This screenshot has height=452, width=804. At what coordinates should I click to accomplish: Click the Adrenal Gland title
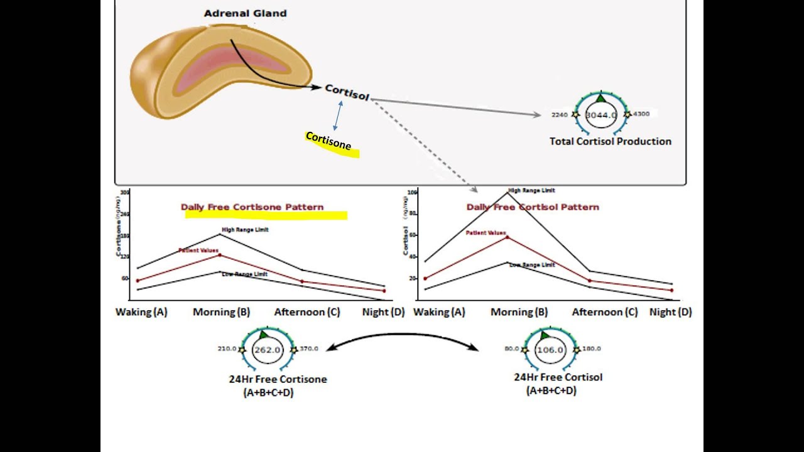[245, 13]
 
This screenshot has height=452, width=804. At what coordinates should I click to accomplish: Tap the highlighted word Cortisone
[328, 141]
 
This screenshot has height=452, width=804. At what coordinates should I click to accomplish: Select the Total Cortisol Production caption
[610, 141]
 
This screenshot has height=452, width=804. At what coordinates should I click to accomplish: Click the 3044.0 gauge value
[601, 116]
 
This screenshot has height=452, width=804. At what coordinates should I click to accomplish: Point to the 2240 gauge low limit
[559, 115]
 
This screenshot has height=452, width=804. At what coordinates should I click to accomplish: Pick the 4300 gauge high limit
[641, 114]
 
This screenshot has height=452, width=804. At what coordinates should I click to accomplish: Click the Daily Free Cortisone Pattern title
[252, 207]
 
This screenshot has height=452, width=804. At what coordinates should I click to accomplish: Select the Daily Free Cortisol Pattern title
[533, 207]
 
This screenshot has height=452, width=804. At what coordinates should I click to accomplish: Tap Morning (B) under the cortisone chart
[221, 312]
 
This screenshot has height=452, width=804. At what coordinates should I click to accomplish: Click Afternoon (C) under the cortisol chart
[604, 312]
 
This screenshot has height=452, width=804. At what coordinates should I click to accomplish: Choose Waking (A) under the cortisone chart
[141, 312]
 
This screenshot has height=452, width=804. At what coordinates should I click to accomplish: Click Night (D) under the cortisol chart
[670, 312]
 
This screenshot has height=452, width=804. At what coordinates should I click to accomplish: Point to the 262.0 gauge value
[267, 350]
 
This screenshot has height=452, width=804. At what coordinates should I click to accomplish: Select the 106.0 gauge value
[550, 350]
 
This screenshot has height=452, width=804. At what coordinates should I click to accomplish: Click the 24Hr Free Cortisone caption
[278, 379]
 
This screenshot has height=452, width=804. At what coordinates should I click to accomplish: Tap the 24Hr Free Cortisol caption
[558, 377]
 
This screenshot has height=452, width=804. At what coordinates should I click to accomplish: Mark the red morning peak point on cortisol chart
[508, 237]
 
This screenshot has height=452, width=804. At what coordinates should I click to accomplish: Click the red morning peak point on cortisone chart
[220, 255]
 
